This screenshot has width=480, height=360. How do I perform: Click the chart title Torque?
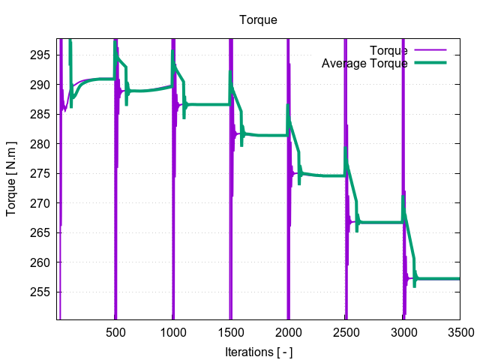click(258, 19)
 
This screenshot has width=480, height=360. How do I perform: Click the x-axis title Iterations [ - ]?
click(258, 352)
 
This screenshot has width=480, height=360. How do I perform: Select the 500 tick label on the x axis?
click(115, 332)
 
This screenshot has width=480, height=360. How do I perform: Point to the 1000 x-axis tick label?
click(172, 332)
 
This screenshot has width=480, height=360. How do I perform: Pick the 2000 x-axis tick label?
click(288, 332)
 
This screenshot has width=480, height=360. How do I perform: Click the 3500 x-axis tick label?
click(460, 332)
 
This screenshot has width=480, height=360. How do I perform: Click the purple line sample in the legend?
click(430, 50)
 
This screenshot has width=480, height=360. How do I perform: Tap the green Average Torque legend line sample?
click(430, 64)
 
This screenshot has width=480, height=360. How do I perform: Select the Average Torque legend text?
click(364, 64)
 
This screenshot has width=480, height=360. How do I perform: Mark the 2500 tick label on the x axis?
click(346, 332)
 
